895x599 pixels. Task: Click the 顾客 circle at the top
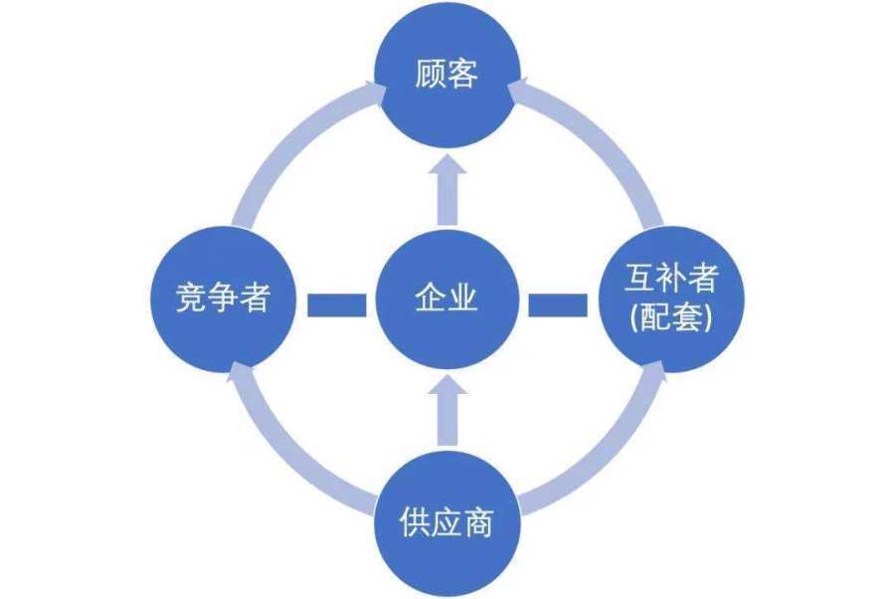pyautogui.click(x=447, y=75)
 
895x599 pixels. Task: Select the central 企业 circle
pyautogui.click(x=447, y=299)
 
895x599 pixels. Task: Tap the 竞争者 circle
pyautogui.click(x=223, y=299)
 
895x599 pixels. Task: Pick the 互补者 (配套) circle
pyautogui.click(x=671, y=299)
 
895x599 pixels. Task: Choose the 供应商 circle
pyautogui.click(x=447, y=523)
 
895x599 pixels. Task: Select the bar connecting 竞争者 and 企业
pyautogui.click(x=337, y=304)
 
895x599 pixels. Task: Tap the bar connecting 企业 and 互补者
pyautogui.click(x=558, y=304)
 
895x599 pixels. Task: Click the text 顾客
pyautogui.click(x=447, y=74)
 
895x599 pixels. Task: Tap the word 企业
pyautogui.click(x=447, y=298)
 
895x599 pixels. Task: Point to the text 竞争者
pyautogui.click(x=223, y=298)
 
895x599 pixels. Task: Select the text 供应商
pyautogui.click(x=447, y=522)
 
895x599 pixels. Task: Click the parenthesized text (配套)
pyautogui.click(x=671, y=318)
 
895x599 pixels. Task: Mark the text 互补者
pyautogui.click(x=671, y=278)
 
